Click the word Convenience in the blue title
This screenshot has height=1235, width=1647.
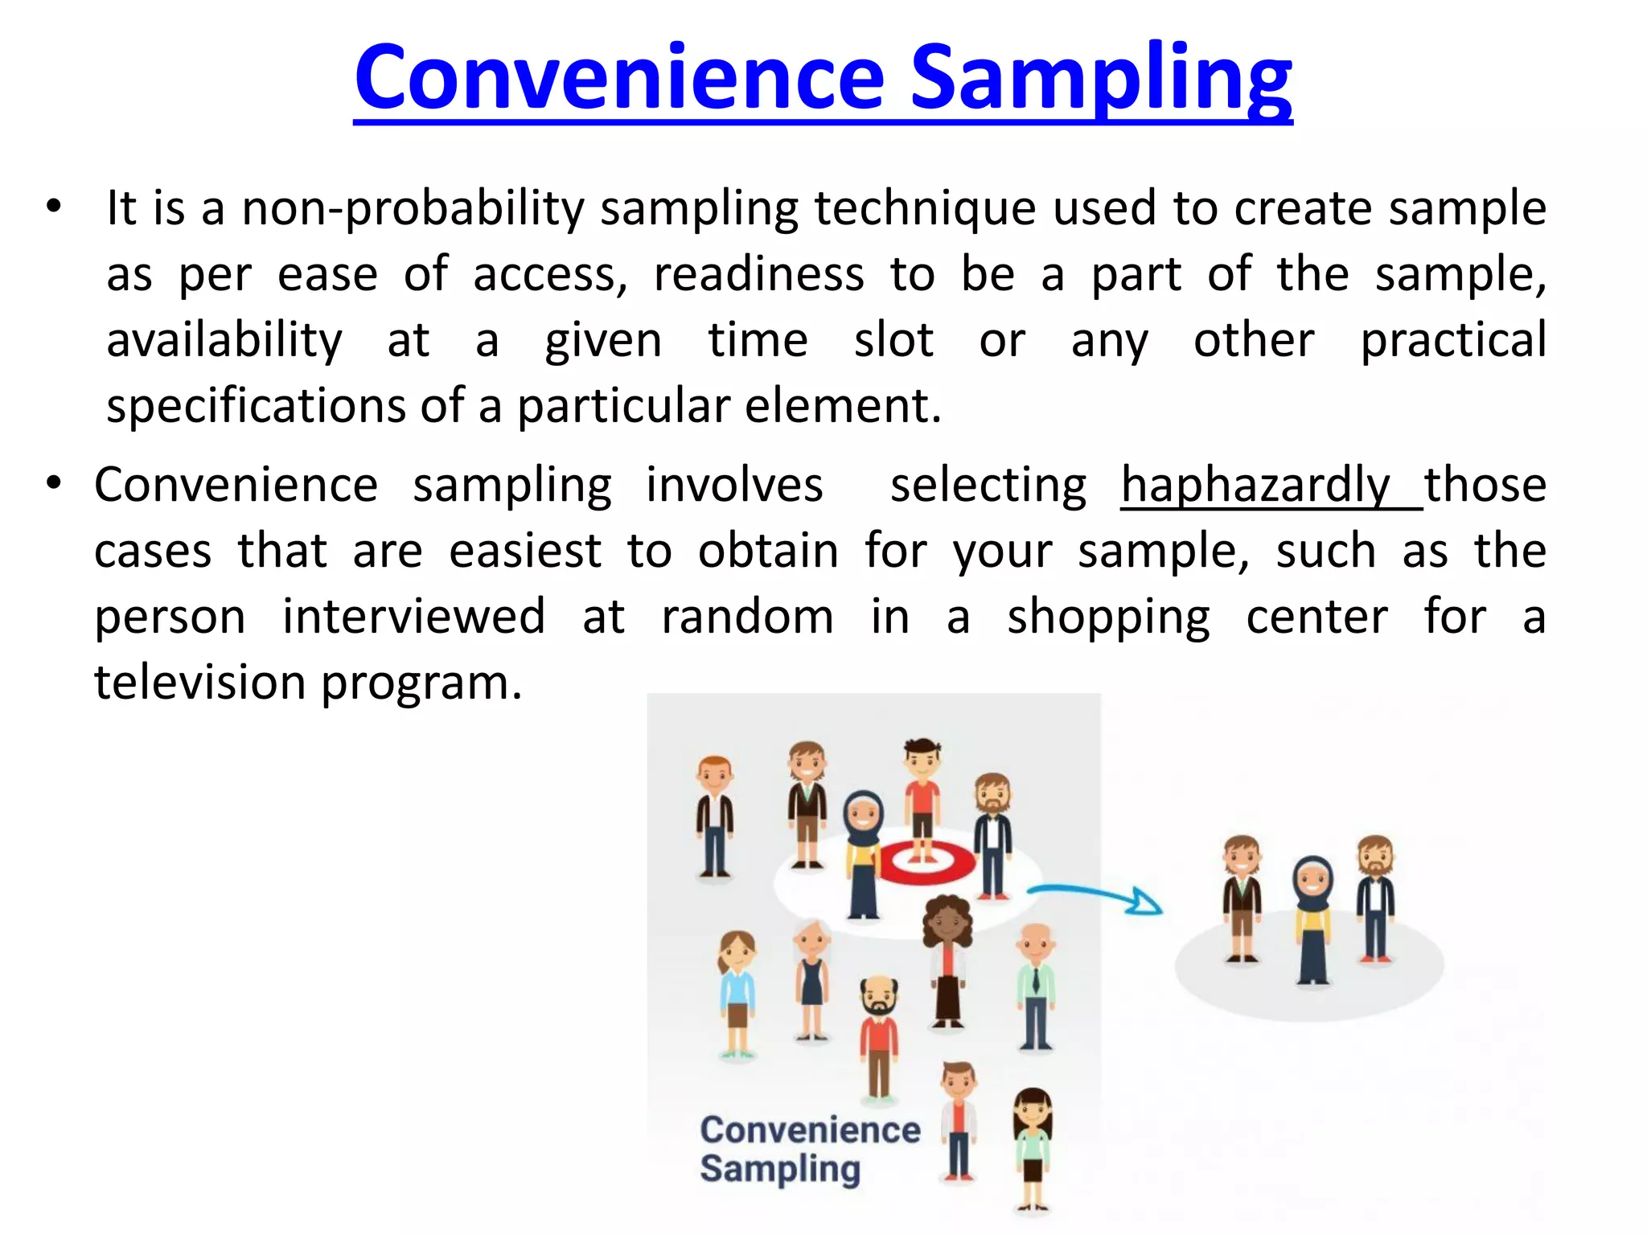pos(619,79)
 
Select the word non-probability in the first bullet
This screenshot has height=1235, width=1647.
pos(413,209)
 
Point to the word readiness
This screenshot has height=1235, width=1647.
pos(758,275)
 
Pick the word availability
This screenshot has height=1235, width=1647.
pos(224,341)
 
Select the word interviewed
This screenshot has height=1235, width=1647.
pos(413,617)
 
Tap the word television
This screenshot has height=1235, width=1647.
pos(200,683)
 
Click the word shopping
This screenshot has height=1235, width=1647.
pos(1108,617)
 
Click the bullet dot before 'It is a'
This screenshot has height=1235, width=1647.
pos(53,207)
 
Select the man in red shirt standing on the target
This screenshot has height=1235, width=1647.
pos(922,792)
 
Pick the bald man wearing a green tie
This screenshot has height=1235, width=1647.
pos(1035,985)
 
